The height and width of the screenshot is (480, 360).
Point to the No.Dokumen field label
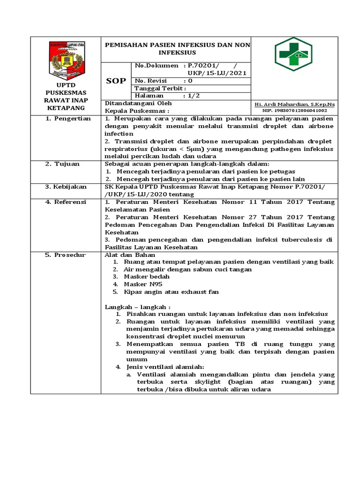pos(157,66)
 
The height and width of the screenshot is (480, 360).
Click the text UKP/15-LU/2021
pos(216,73)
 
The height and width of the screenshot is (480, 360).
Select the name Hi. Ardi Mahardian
pos(294,104)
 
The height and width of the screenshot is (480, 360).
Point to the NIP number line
pos(294,111)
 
